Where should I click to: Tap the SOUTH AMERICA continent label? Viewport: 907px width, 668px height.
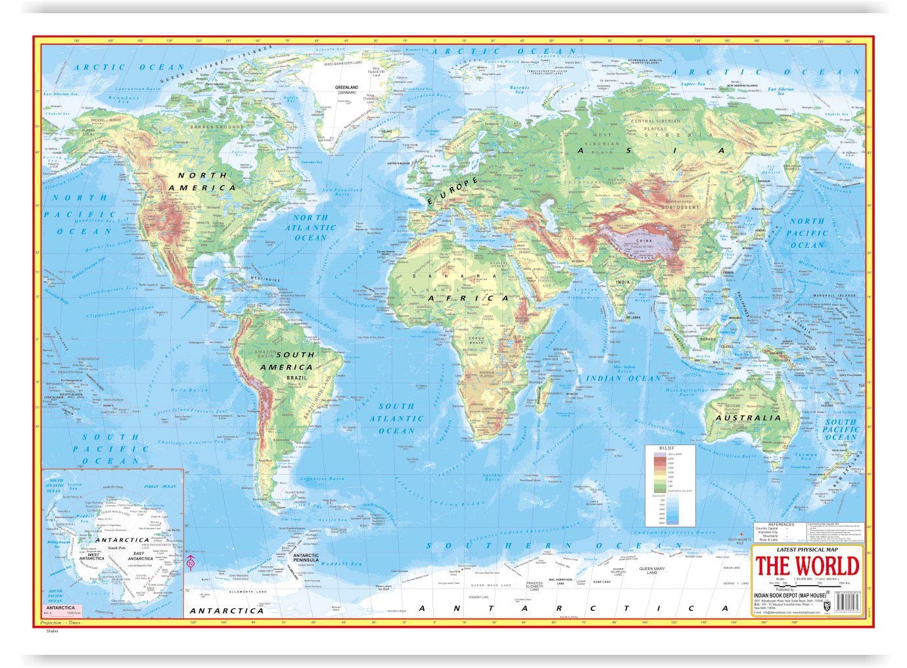[x=287, y=361]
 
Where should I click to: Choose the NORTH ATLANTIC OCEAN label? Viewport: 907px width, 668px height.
[x=310, y=227]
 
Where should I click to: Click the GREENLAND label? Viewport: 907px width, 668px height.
[x=346, y=87]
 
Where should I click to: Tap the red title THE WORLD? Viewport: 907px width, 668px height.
[x=806, y=566]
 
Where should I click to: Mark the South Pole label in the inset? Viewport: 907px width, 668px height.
[x=117, y=548]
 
